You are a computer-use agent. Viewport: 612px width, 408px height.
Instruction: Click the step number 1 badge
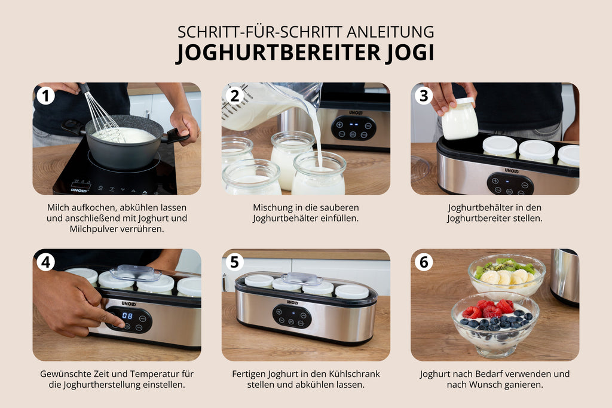[45, 96]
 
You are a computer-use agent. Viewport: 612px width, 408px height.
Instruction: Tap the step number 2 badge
[234, 96]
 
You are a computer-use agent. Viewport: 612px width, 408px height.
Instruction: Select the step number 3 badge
[424, 96]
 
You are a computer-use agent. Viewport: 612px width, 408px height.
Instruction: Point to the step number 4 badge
[45, 262]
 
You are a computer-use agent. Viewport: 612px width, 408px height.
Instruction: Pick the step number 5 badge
[234, 262]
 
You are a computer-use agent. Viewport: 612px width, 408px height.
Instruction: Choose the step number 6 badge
[424, 262]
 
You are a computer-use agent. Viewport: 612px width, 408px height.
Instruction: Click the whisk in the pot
[102, 113]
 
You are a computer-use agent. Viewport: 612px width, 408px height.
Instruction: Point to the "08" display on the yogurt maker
[127, 315]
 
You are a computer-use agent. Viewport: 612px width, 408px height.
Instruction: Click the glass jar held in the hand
[460, 119]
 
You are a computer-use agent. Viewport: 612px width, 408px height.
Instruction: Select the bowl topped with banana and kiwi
[507, 275]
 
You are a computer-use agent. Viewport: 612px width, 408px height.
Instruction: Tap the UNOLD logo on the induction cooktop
[79, 190]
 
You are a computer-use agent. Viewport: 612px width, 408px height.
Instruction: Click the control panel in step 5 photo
[292, 316]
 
